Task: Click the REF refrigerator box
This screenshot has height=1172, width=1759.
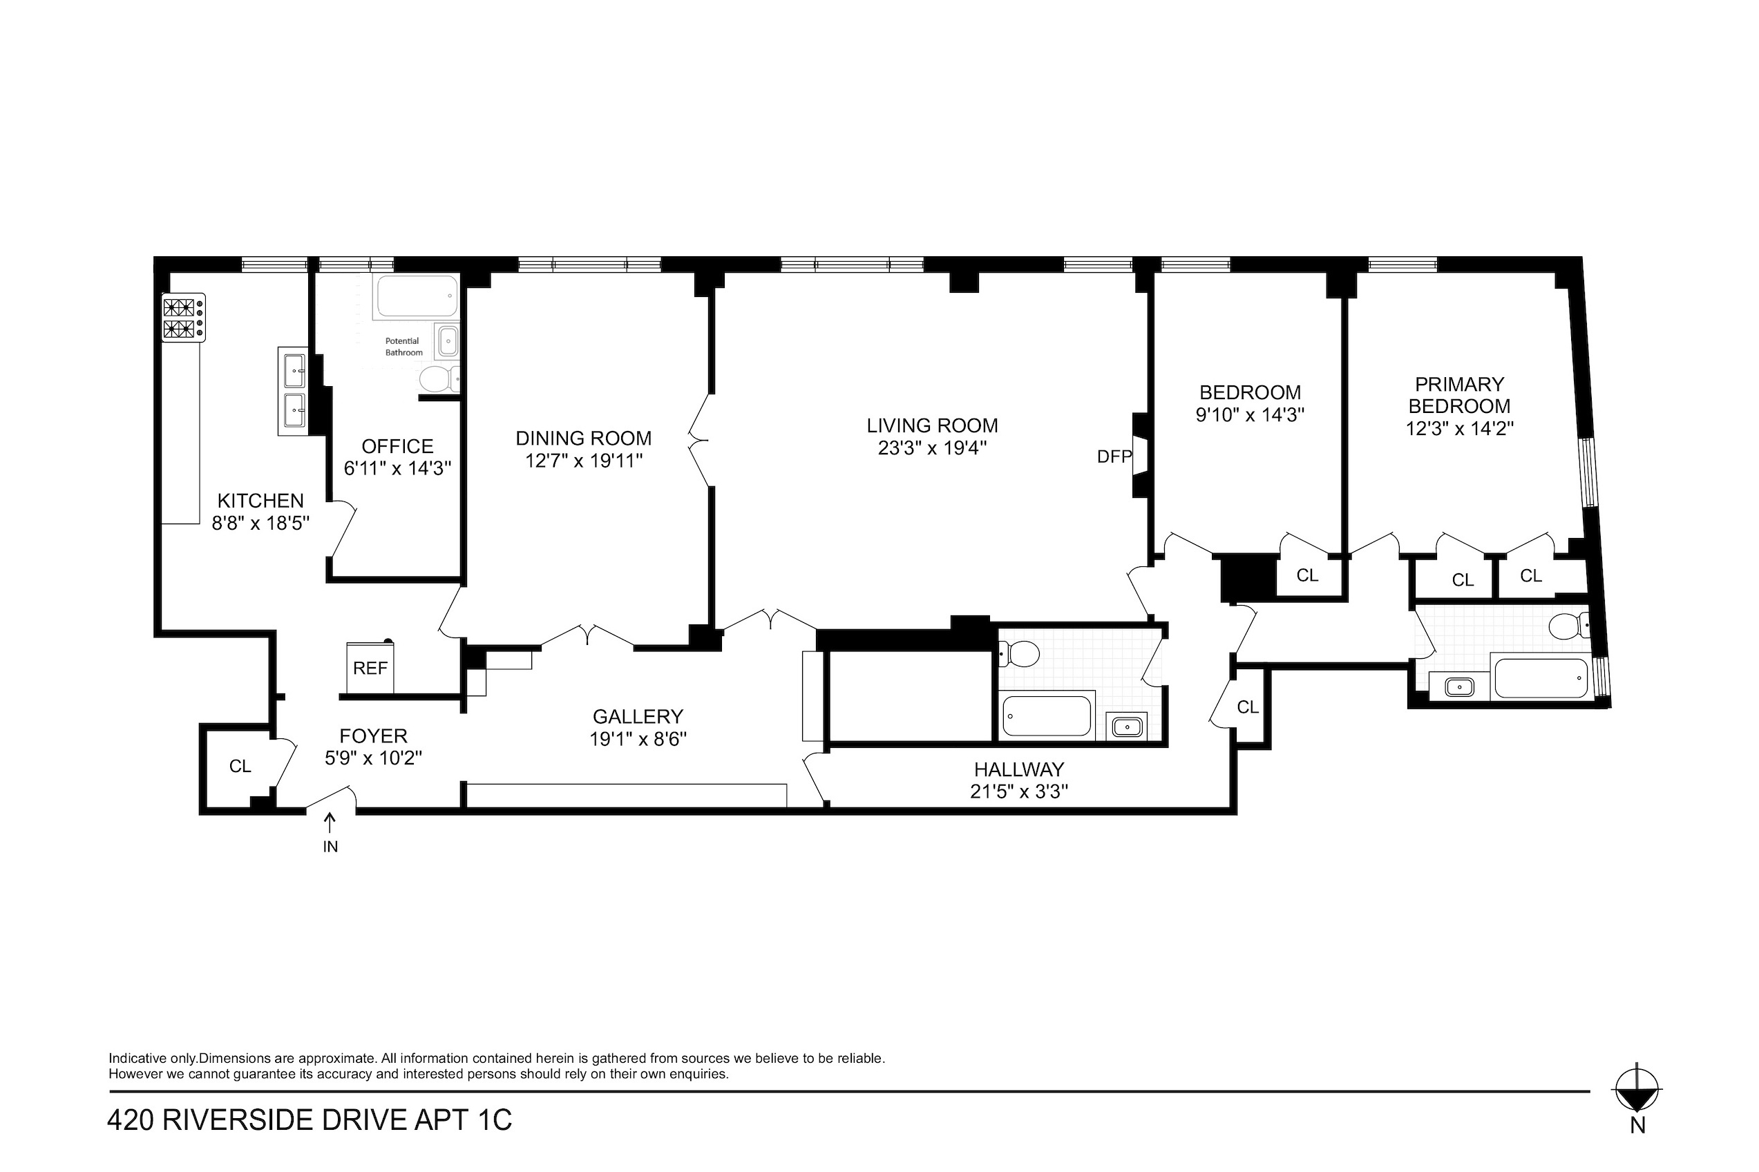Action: pos(370,666)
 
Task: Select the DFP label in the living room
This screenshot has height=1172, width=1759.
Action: pos(1114,457)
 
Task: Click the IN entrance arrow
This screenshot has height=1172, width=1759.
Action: pos(330,824)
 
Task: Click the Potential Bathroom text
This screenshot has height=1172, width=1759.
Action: pos(403,347)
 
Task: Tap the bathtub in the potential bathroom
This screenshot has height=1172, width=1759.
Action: pos(417,297)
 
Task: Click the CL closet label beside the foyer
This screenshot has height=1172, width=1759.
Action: pos(240,766)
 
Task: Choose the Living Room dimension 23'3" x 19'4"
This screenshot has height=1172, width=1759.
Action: pos(932,448)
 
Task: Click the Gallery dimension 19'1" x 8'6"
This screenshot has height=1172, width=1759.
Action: pos(638,739)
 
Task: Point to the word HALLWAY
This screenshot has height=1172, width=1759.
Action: pos(1019,769)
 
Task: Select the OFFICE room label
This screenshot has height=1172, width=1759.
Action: pos(398,446)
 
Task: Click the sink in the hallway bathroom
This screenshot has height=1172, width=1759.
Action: pos(1127,726)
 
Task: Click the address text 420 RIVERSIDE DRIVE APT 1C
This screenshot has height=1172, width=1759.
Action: pos(310,1120)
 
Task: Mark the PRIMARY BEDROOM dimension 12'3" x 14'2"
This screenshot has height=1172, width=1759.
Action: pos(1460,428)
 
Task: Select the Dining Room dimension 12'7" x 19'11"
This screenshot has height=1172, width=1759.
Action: pos(584,461)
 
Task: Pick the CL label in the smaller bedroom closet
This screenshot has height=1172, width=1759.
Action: pos(1307,575)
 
